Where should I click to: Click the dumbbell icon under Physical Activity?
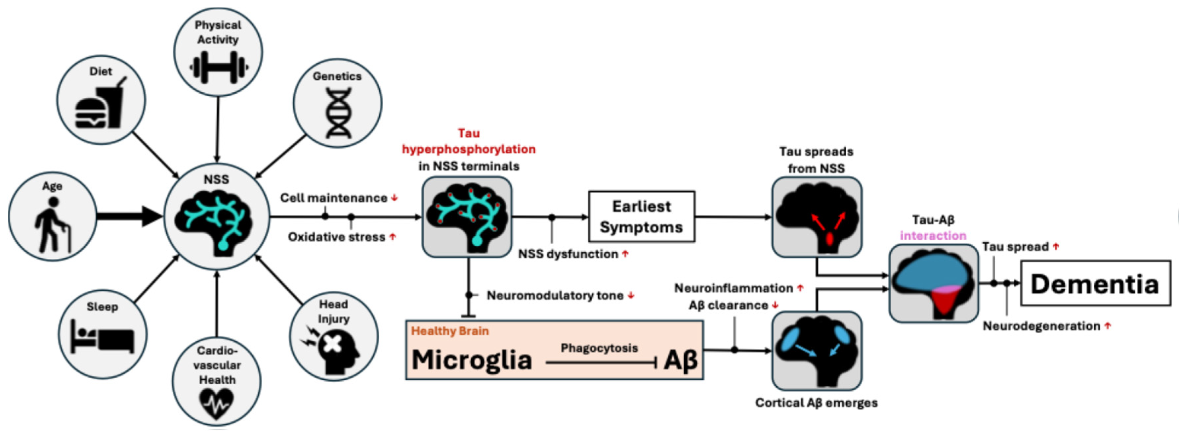point(219,67)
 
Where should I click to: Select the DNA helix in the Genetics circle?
point(338,113)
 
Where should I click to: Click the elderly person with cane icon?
point(52,225)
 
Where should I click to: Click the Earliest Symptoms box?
point(641,216)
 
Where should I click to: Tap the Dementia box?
point(1095,283)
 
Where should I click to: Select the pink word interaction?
point(933,236)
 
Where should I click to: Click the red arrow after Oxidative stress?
point(393,237)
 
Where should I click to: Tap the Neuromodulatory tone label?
point(555,295)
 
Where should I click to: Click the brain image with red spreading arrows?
point(817,217)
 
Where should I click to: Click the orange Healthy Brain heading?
point(450,331)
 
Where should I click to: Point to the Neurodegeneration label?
point(1041,326)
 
